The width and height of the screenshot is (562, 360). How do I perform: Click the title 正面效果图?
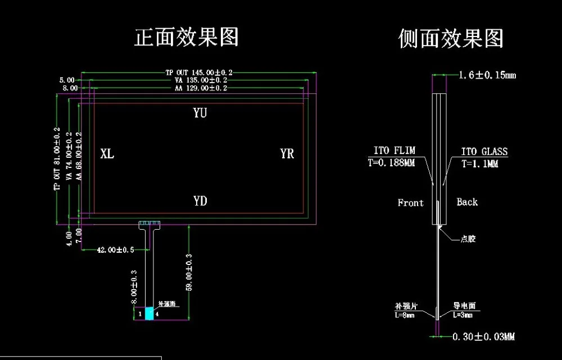(x=187, y=37)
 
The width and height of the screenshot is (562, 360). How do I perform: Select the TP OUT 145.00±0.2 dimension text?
(x=198, y=72)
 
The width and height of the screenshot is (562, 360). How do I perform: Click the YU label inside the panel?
(x=200, y=113)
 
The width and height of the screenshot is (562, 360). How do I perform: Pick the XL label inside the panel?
(x=107, y=153)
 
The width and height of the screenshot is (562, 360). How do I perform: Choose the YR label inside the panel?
(x=287, y=153)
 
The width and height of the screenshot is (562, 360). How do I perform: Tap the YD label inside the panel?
(x=200, y=200)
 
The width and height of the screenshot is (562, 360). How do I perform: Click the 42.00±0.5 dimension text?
(x=116, y=249)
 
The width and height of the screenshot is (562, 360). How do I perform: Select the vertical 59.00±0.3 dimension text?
(x=189, y=272)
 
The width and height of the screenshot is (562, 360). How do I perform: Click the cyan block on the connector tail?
(x=149, y=314)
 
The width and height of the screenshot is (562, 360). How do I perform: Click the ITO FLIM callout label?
(x=395, y=151)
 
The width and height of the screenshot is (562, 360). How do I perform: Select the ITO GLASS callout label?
(x=484, y=151)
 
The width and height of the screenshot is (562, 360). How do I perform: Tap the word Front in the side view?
(x=410, y=203)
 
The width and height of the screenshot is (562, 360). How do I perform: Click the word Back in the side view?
(x=466, y=202)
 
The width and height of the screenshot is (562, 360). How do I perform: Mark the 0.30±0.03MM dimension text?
(x=484, y=337)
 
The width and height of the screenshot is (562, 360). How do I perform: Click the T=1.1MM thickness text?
(x=480, y=164)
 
